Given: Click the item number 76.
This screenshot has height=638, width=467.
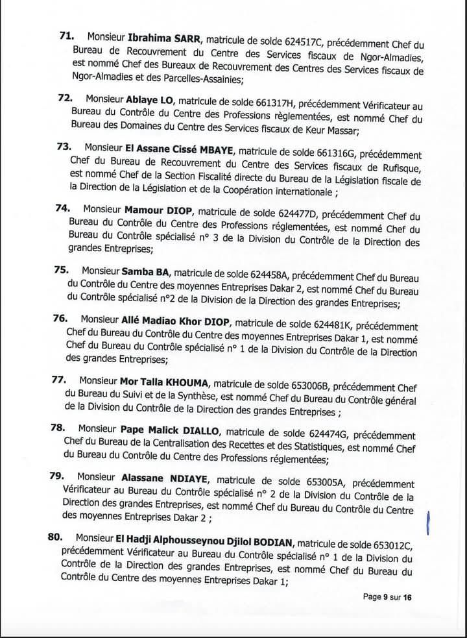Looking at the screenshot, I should [x=62, y=319].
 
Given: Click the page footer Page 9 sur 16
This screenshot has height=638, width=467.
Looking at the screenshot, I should [x=387, y=596].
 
